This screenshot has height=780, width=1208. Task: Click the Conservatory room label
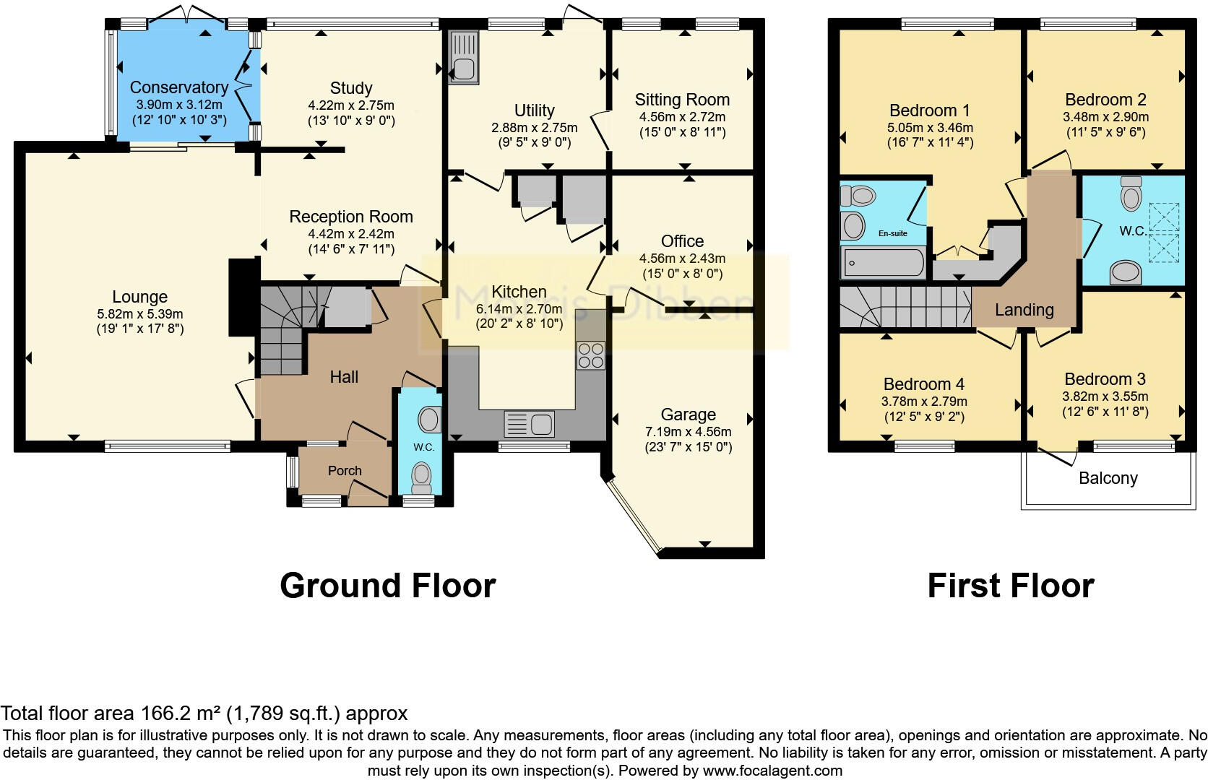pos(178,87)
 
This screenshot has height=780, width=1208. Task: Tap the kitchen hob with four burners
pos(590,355)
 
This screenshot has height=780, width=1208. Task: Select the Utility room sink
pos(462,57)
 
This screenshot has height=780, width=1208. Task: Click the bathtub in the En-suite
pos(882,264)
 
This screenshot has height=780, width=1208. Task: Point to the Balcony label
pos(1108,478)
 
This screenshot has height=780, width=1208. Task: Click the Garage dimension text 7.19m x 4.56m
pos(688,432)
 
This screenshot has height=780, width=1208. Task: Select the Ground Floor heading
pos(387,586)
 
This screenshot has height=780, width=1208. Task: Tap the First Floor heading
pos(1010,586)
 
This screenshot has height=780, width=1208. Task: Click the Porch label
pos(345,470)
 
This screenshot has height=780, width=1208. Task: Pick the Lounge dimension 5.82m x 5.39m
pos(140,314)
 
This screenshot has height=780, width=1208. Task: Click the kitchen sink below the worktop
pos(529,423)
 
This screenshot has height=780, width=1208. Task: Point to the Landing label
pos(1024,310)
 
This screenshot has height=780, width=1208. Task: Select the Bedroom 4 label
pos(923,384)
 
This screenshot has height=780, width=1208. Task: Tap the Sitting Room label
pos(682,100)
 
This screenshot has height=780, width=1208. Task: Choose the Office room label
pos(682,241)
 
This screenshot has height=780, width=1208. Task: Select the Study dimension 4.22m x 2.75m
pos(351,105)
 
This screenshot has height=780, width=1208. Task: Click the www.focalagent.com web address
pos(772,771)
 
